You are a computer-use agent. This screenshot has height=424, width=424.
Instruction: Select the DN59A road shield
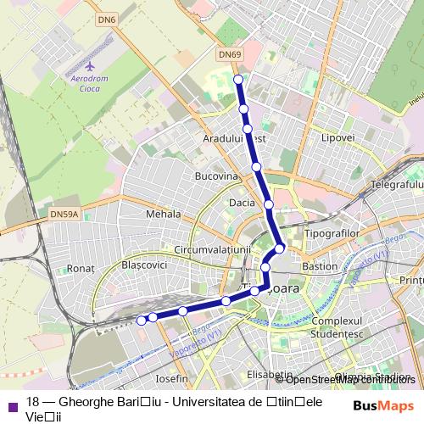point(64,215)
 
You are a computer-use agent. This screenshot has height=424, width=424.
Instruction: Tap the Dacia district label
point(242,204)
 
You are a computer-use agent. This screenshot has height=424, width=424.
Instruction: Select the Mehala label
point(164,215)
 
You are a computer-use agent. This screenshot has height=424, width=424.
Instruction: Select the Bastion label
point(320,266)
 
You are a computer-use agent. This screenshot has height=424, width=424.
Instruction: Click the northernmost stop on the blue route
point(238,80)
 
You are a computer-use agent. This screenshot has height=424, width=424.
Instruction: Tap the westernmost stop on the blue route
point(141,320)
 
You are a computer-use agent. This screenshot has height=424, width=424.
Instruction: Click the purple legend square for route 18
point(10,404)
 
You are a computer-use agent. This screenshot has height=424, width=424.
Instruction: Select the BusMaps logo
point(384,405)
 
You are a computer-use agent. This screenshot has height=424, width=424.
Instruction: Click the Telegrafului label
point(397,184)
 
